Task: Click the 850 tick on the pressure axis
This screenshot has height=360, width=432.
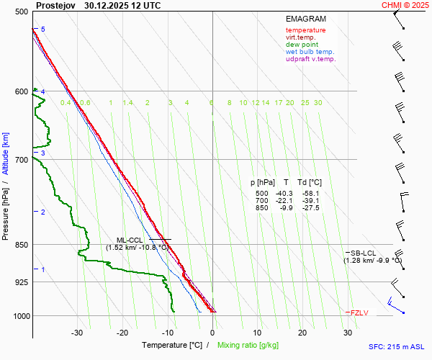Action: point(20,245)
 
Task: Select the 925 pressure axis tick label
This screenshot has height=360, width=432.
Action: point(20,282)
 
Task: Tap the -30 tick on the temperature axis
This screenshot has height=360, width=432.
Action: point(77,333)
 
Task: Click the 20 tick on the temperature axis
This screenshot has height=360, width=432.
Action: point(302,333)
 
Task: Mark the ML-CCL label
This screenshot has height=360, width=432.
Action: point(130,240)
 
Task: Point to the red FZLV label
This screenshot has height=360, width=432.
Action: point(359,313)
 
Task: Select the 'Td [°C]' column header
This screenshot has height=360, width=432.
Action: point(310,183)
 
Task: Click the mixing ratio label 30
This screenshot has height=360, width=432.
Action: point(318,103)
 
